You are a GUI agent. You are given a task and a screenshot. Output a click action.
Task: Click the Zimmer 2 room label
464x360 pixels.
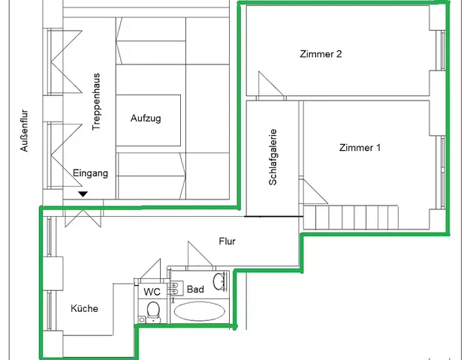pyautogui.click(x=321, y=54)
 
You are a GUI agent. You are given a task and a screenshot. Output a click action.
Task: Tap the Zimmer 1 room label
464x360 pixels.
pyautogui.click(x=360, y=148)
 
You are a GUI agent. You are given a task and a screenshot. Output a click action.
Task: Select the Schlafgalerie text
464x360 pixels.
pyautogui.click(x=273, y=157)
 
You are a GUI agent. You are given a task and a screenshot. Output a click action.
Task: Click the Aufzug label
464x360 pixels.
pyautogui.click(x=146, y=118)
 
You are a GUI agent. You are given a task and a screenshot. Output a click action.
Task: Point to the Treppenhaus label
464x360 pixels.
pyautogui.click(x=96, y=102)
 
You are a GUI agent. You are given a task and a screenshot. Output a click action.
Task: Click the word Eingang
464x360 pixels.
pyautogui.click(x=91, y=173)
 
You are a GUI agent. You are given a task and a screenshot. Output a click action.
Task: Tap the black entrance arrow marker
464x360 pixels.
pyautogui.click(x=83, y=194)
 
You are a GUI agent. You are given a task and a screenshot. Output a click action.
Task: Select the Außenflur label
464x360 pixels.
pyautogui.click(x=24, y=130)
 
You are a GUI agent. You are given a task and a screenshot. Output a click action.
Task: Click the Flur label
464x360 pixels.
pyautogui.click(x=227, y=241)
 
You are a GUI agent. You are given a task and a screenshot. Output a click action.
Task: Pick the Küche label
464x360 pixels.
pyautogui.click(x=84, y=308)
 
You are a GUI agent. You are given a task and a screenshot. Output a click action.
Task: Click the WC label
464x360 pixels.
pyautogui.click(x=152, y=292)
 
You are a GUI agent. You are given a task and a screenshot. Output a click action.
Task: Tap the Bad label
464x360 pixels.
pyautogui.click(x=196, y=289)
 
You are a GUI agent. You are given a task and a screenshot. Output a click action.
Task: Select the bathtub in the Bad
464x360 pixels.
pyautogui.click(x=200, y=311)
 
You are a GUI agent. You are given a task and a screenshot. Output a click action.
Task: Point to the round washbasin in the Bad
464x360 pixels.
pyautogui.click(x=219, y=282)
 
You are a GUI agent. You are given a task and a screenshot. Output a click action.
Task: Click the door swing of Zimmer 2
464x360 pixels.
pyautogui.click(x=271, y=84)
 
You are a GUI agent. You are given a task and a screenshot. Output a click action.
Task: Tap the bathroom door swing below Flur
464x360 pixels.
pyautogui.click(x=200, y=253)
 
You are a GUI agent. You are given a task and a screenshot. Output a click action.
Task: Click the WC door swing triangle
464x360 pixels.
pyautogui.click(x=151, y=268)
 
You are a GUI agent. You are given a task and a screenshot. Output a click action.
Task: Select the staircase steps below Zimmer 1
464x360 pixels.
pyautogui.click(x=351, y=217)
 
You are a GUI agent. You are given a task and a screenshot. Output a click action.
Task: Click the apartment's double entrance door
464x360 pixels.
pyautogui.click(x=83, y=218)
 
